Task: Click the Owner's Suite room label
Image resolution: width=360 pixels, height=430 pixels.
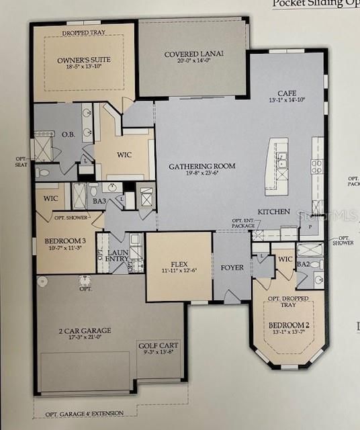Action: [84, 60]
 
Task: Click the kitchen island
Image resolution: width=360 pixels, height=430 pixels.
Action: [277, 166]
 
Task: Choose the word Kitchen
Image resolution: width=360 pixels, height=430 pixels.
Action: [274, 212]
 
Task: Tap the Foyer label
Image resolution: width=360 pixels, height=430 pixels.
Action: [232, 267]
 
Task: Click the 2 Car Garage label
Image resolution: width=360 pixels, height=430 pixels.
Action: [84, 331]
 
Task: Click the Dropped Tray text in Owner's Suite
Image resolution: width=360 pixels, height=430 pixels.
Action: [83, 32]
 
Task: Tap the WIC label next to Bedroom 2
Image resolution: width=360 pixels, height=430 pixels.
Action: [285, 259]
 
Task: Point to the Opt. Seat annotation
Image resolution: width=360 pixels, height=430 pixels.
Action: [22, 161]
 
